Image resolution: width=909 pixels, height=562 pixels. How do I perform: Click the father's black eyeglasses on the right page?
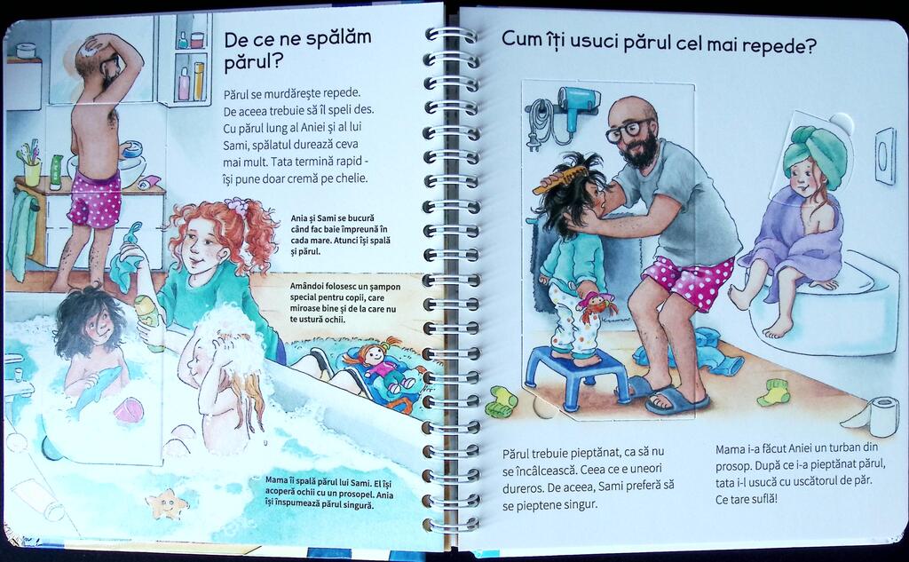(x=628, y=130)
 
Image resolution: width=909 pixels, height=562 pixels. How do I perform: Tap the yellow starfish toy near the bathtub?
(x=167, y=503)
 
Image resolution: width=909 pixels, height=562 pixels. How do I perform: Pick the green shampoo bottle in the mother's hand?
(x=150, y=322)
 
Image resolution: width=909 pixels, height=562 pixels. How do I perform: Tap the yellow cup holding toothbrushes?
(x=32, y=172)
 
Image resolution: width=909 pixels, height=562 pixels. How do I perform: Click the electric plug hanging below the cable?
(x=533, y=141)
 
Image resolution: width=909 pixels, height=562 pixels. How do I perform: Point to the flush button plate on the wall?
(x=885, y=155)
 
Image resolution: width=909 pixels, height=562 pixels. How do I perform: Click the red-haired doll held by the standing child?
(x=595, y=305)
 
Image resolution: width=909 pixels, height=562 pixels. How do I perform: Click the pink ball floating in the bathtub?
(x=128, y=410)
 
